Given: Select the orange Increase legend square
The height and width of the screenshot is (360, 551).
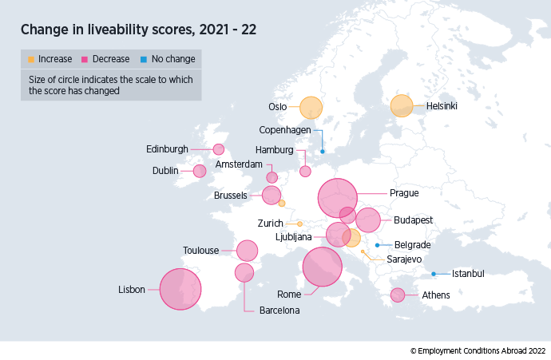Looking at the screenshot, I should coord(31,59).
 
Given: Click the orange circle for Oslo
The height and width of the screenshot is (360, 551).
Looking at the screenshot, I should coord(311,107).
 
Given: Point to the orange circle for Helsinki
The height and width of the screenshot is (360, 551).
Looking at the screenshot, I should coord(402,106).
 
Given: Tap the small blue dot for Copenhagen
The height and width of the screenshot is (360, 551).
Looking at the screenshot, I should coord(323,151).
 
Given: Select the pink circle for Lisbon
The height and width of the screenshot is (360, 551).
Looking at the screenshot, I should coord(180,288).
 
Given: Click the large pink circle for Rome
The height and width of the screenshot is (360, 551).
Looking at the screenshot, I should coord(323,267).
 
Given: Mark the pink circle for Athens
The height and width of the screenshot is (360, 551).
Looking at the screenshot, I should coord(397,295).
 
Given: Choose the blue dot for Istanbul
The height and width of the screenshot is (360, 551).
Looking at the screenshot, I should coord(434,274).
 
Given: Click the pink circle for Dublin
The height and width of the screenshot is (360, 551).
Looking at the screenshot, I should coord(199,171).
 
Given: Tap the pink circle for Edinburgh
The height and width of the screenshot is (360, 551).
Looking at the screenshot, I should coord(219,148).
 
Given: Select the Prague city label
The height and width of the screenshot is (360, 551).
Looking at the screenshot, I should coord(403,192).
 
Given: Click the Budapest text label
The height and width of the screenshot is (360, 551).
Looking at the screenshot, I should coord(413,220).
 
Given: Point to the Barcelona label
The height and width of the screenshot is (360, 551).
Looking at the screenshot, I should coord(279,311).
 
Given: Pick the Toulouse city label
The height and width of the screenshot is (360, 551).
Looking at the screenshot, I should coord(200,251).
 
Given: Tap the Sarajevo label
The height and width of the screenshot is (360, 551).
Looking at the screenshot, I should coord(404,259).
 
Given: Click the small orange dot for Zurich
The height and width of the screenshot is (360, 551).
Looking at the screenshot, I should coord(299,224).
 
